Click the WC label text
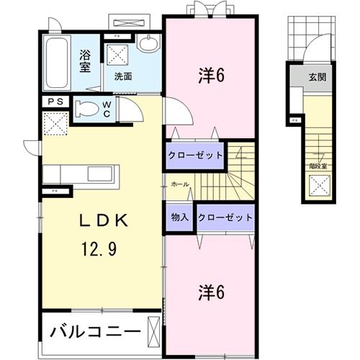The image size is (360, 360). [106, 108]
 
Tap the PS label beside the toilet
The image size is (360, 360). [55, 102]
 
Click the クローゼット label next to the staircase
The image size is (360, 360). [194, 154]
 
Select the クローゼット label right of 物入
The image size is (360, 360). [225, 217]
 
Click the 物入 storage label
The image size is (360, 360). [180, 217]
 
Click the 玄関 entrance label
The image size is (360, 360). [318, 77]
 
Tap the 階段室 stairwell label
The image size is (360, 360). [318, 166]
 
